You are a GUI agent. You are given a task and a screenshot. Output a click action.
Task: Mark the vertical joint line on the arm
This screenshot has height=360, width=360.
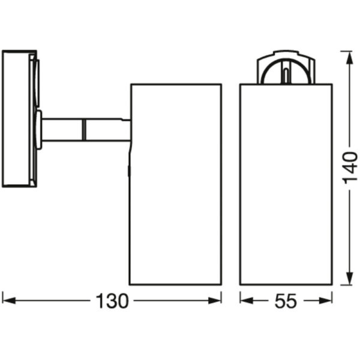coord(84,130)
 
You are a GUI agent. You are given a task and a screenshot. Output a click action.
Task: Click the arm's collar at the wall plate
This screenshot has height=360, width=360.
coord(39,129)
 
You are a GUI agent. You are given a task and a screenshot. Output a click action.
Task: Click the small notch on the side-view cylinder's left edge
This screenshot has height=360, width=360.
coord(130,171)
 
